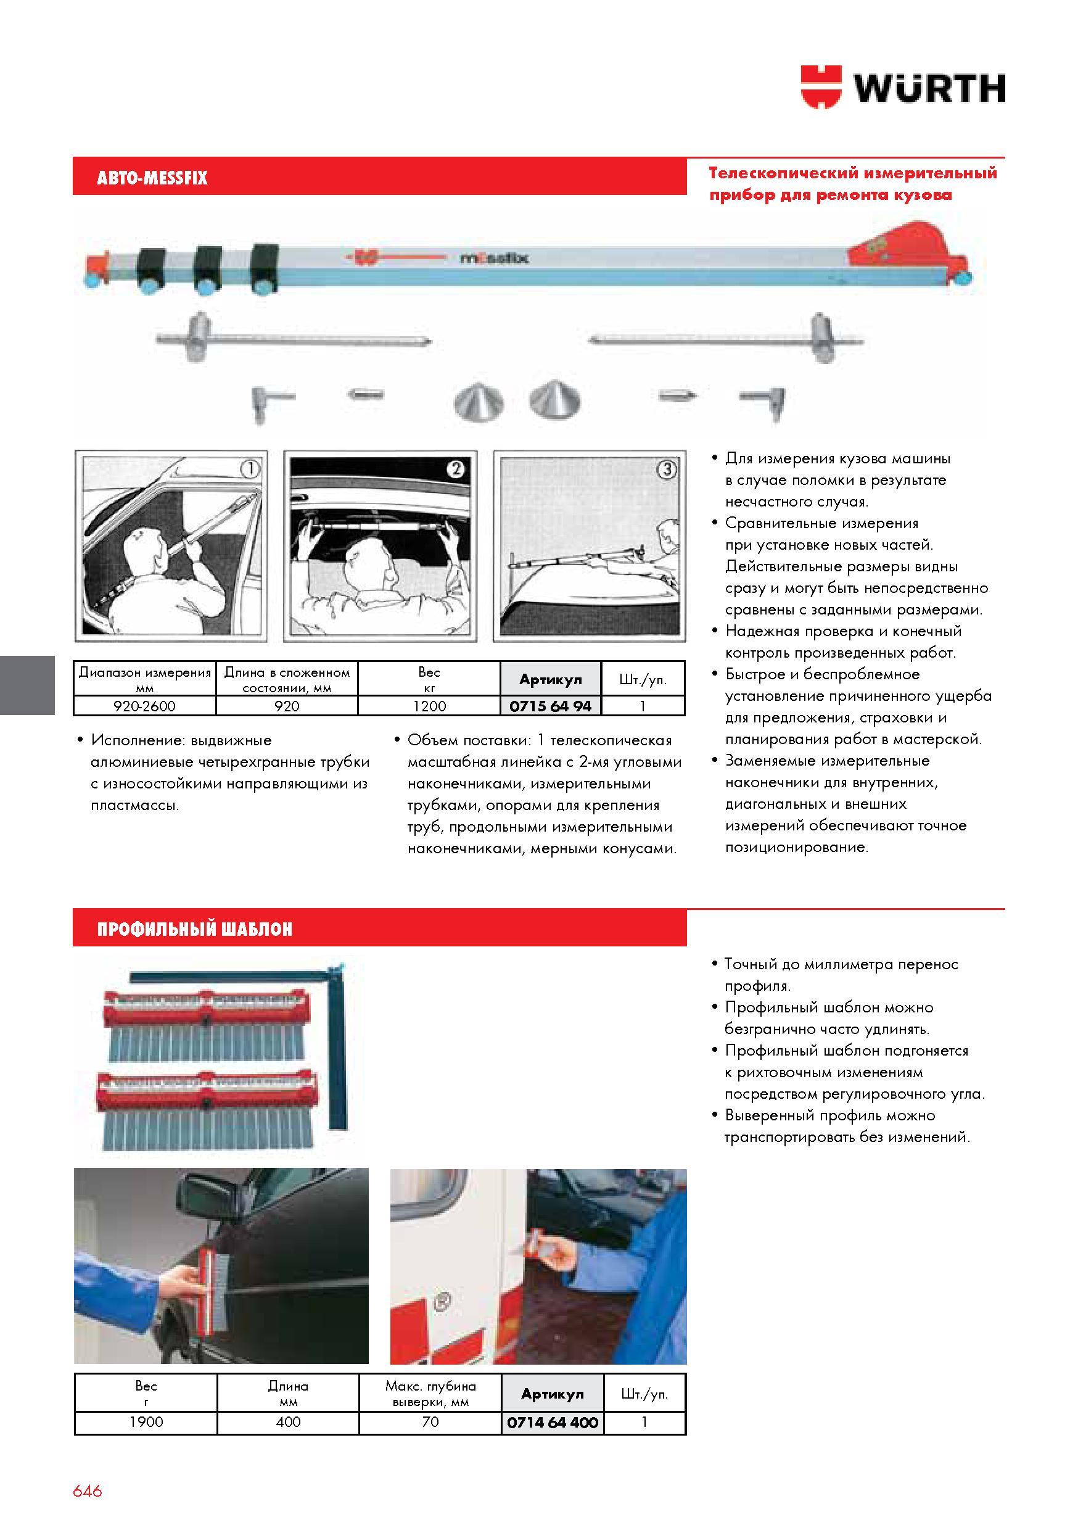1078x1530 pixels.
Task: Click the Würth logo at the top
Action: click(903, 86)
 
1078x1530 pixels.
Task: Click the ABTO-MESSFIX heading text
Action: click(152, 178)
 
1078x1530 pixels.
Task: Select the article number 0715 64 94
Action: click(550, 706)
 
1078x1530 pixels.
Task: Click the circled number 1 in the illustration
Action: click(250, 469)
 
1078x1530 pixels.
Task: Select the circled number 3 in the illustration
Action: click(668, 469)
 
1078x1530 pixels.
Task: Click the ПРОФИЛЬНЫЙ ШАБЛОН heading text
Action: click(194, 930)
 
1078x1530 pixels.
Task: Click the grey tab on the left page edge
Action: click(27, 685)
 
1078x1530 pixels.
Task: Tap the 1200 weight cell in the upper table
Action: click(429, 706)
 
